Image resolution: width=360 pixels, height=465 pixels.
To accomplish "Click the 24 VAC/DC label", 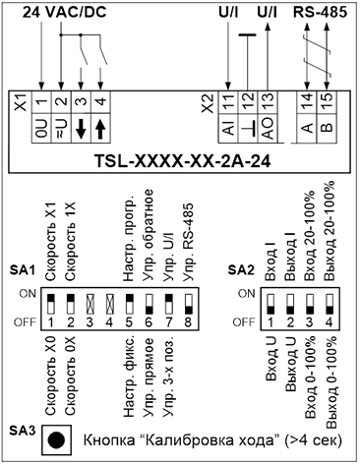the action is point(65,13).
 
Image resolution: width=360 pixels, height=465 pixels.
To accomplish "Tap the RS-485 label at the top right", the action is point(320,13).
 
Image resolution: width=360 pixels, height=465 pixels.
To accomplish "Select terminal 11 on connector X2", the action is point(228,101).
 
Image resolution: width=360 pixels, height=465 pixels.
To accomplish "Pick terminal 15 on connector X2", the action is point(327,101).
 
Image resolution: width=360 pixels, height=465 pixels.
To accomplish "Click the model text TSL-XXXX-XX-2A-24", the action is point(182,161).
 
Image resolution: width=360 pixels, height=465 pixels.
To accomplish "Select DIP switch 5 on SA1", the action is point(129,304).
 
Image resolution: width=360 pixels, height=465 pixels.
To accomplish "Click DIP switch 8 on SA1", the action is point(188,304).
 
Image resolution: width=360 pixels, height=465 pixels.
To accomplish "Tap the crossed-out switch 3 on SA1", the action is point(90,304).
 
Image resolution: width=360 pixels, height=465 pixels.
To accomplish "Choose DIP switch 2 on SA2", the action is point(290,304).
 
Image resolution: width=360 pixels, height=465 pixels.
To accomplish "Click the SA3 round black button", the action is point(56,440).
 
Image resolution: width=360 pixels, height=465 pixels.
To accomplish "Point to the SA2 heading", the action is point(241,270).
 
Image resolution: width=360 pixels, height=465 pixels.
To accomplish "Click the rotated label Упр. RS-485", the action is point(188,243).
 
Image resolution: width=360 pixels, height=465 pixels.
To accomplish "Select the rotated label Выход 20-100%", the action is point(330,231).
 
